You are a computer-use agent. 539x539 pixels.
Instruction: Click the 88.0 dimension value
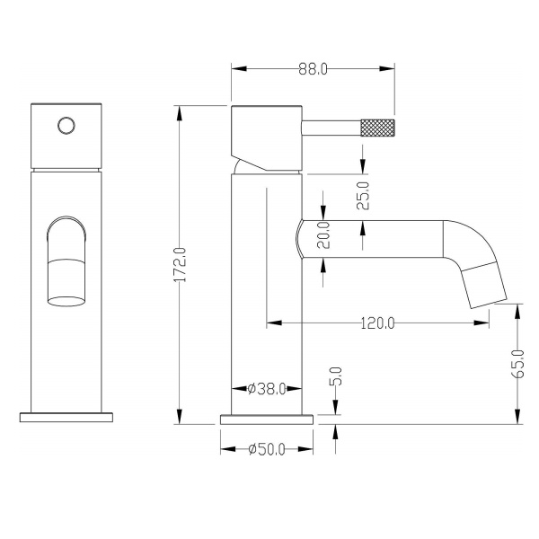(x=313, y=69)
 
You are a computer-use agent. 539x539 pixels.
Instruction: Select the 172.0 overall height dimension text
(x=180, y=265)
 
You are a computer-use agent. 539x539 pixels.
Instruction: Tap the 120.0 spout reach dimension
(x=377, y=323)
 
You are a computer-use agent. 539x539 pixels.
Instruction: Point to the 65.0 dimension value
(x=517, y=364)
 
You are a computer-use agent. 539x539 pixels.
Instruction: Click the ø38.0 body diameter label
(x=267, y=389)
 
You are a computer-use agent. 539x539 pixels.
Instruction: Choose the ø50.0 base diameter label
(x=267, y=449)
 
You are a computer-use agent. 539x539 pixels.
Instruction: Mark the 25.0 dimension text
(x=363, y=196)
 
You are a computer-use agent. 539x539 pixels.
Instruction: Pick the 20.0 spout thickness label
(x=323, y=235)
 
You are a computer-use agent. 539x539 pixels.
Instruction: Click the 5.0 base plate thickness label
(x=337, y=376)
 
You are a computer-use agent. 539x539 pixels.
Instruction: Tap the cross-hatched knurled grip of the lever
(x=377, y=128)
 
